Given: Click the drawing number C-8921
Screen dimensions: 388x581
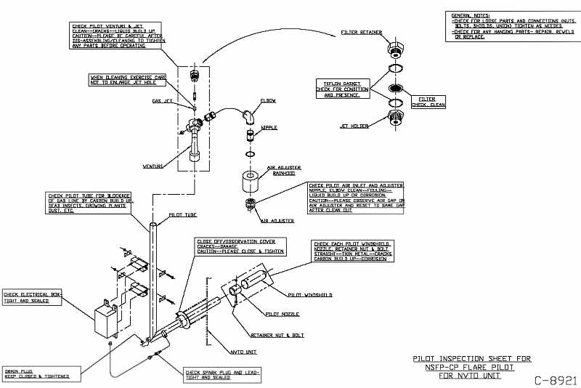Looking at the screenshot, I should click(556, 379).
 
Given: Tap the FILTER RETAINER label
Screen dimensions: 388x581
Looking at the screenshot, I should click(360, 33).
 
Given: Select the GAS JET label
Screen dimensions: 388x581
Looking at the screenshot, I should click(162, 101).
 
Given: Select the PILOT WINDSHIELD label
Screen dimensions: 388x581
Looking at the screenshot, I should click(310, 295).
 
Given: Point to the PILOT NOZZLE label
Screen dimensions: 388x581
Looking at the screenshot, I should click(275, 314).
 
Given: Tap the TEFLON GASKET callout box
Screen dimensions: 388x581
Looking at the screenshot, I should click(341, 89).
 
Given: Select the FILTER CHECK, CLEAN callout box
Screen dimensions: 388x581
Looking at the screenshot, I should click(428, 101).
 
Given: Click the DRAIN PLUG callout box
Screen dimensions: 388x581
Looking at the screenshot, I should click(37, 373).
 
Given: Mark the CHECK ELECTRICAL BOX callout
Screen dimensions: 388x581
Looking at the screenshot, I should click(33, 296).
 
